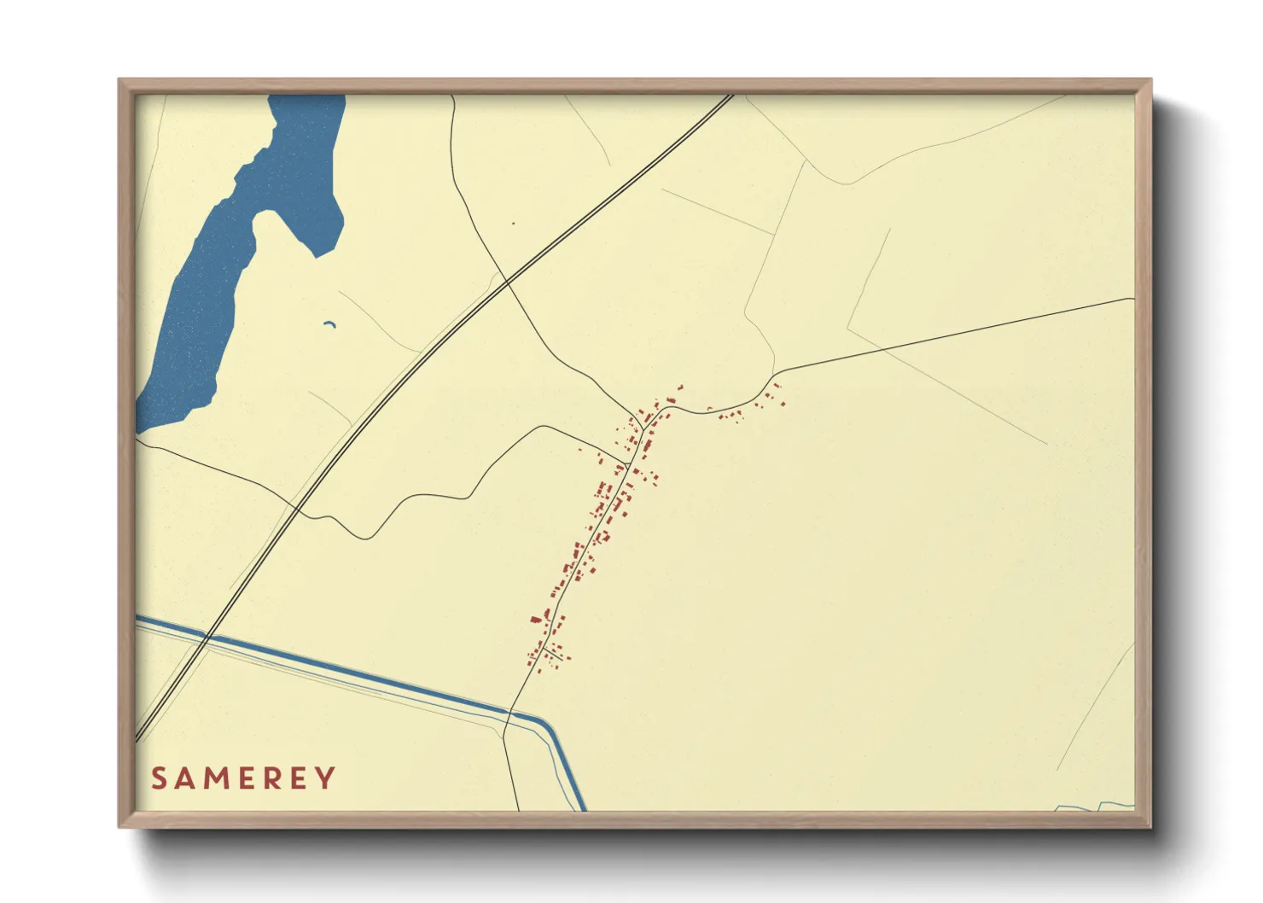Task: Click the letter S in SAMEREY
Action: click(159, 778)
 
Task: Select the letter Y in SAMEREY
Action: click(326, 778)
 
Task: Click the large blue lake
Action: click(213, 282)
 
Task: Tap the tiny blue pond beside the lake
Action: click(329, 323)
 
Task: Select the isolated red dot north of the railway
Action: click(513, 224)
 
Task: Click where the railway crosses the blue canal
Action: click(208, 637)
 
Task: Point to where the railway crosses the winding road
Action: click(506, 281)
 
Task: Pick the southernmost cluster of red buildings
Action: click(546, 653)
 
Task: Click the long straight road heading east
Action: click(956, 335)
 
